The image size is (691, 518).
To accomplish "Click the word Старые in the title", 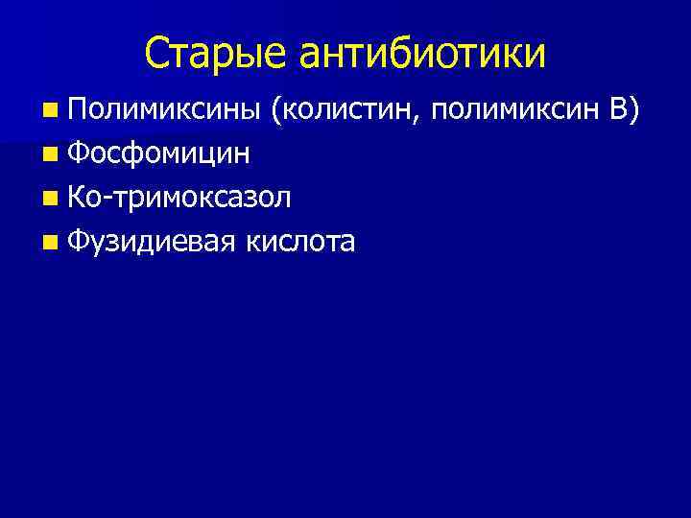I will coord(219,54).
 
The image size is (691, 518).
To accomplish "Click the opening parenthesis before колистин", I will coord(276,111).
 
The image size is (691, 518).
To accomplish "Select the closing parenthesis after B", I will coord(631,111).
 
